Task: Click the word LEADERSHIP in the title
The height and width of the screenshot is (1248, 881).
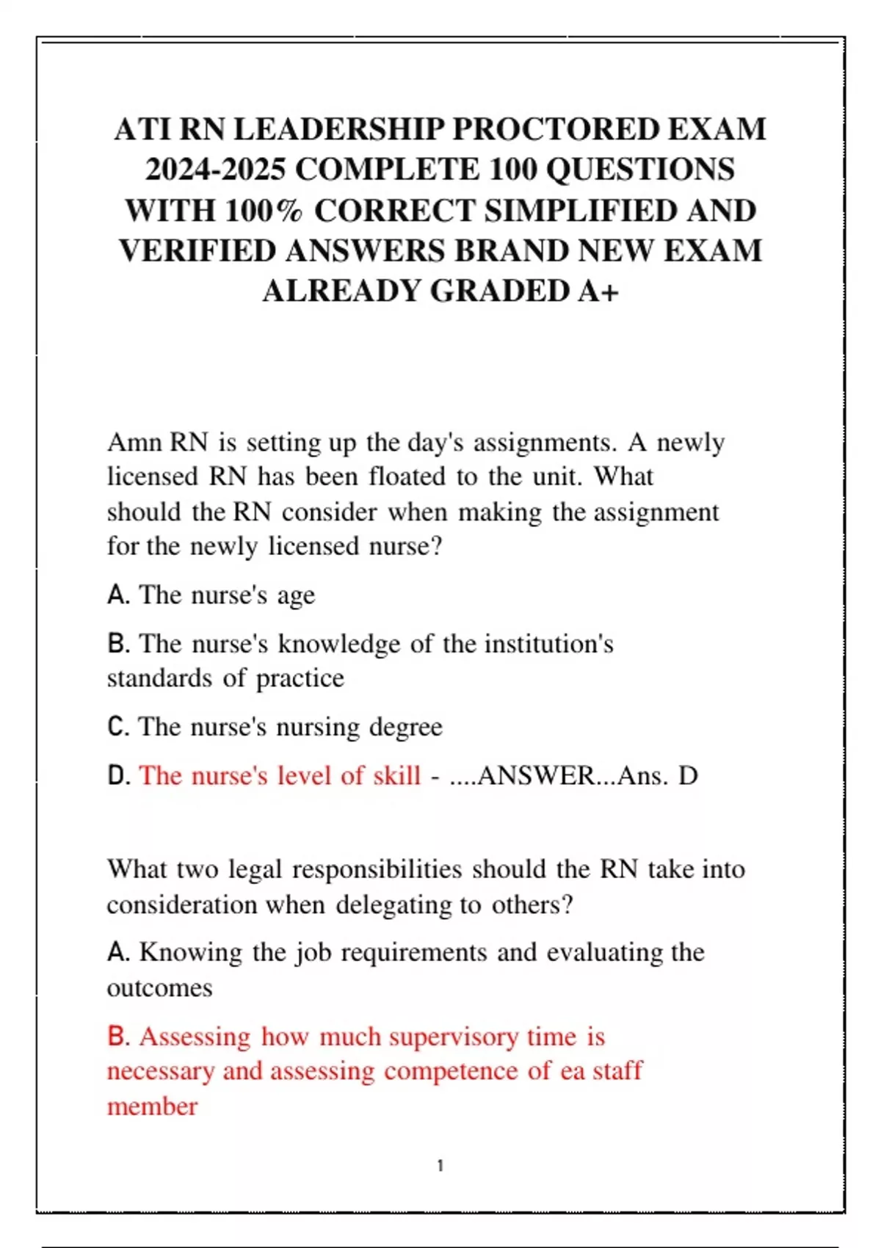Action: tap(338, 129)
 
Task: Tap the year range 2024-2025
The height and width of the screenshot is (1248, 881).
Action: tap(215, 170)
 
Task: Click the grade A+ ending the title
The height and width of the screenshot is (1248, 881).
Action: tap(598, 291)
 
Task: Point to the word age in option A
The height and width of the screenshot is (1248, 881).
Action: tap(296, 595)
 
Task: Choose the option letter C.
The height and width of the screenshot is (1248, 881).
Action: tap(117, 727)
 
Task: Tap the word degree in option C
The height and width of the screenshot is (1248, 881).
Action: tap(405, 728)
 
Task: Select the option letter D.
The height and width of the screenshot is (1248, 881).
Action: tap(117, 775)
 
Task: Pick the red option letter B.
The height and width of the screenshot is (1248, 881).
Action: tap(117, 1036)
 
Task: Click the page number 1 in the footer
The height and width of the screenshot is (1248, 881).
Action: tap(440, 1166)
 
